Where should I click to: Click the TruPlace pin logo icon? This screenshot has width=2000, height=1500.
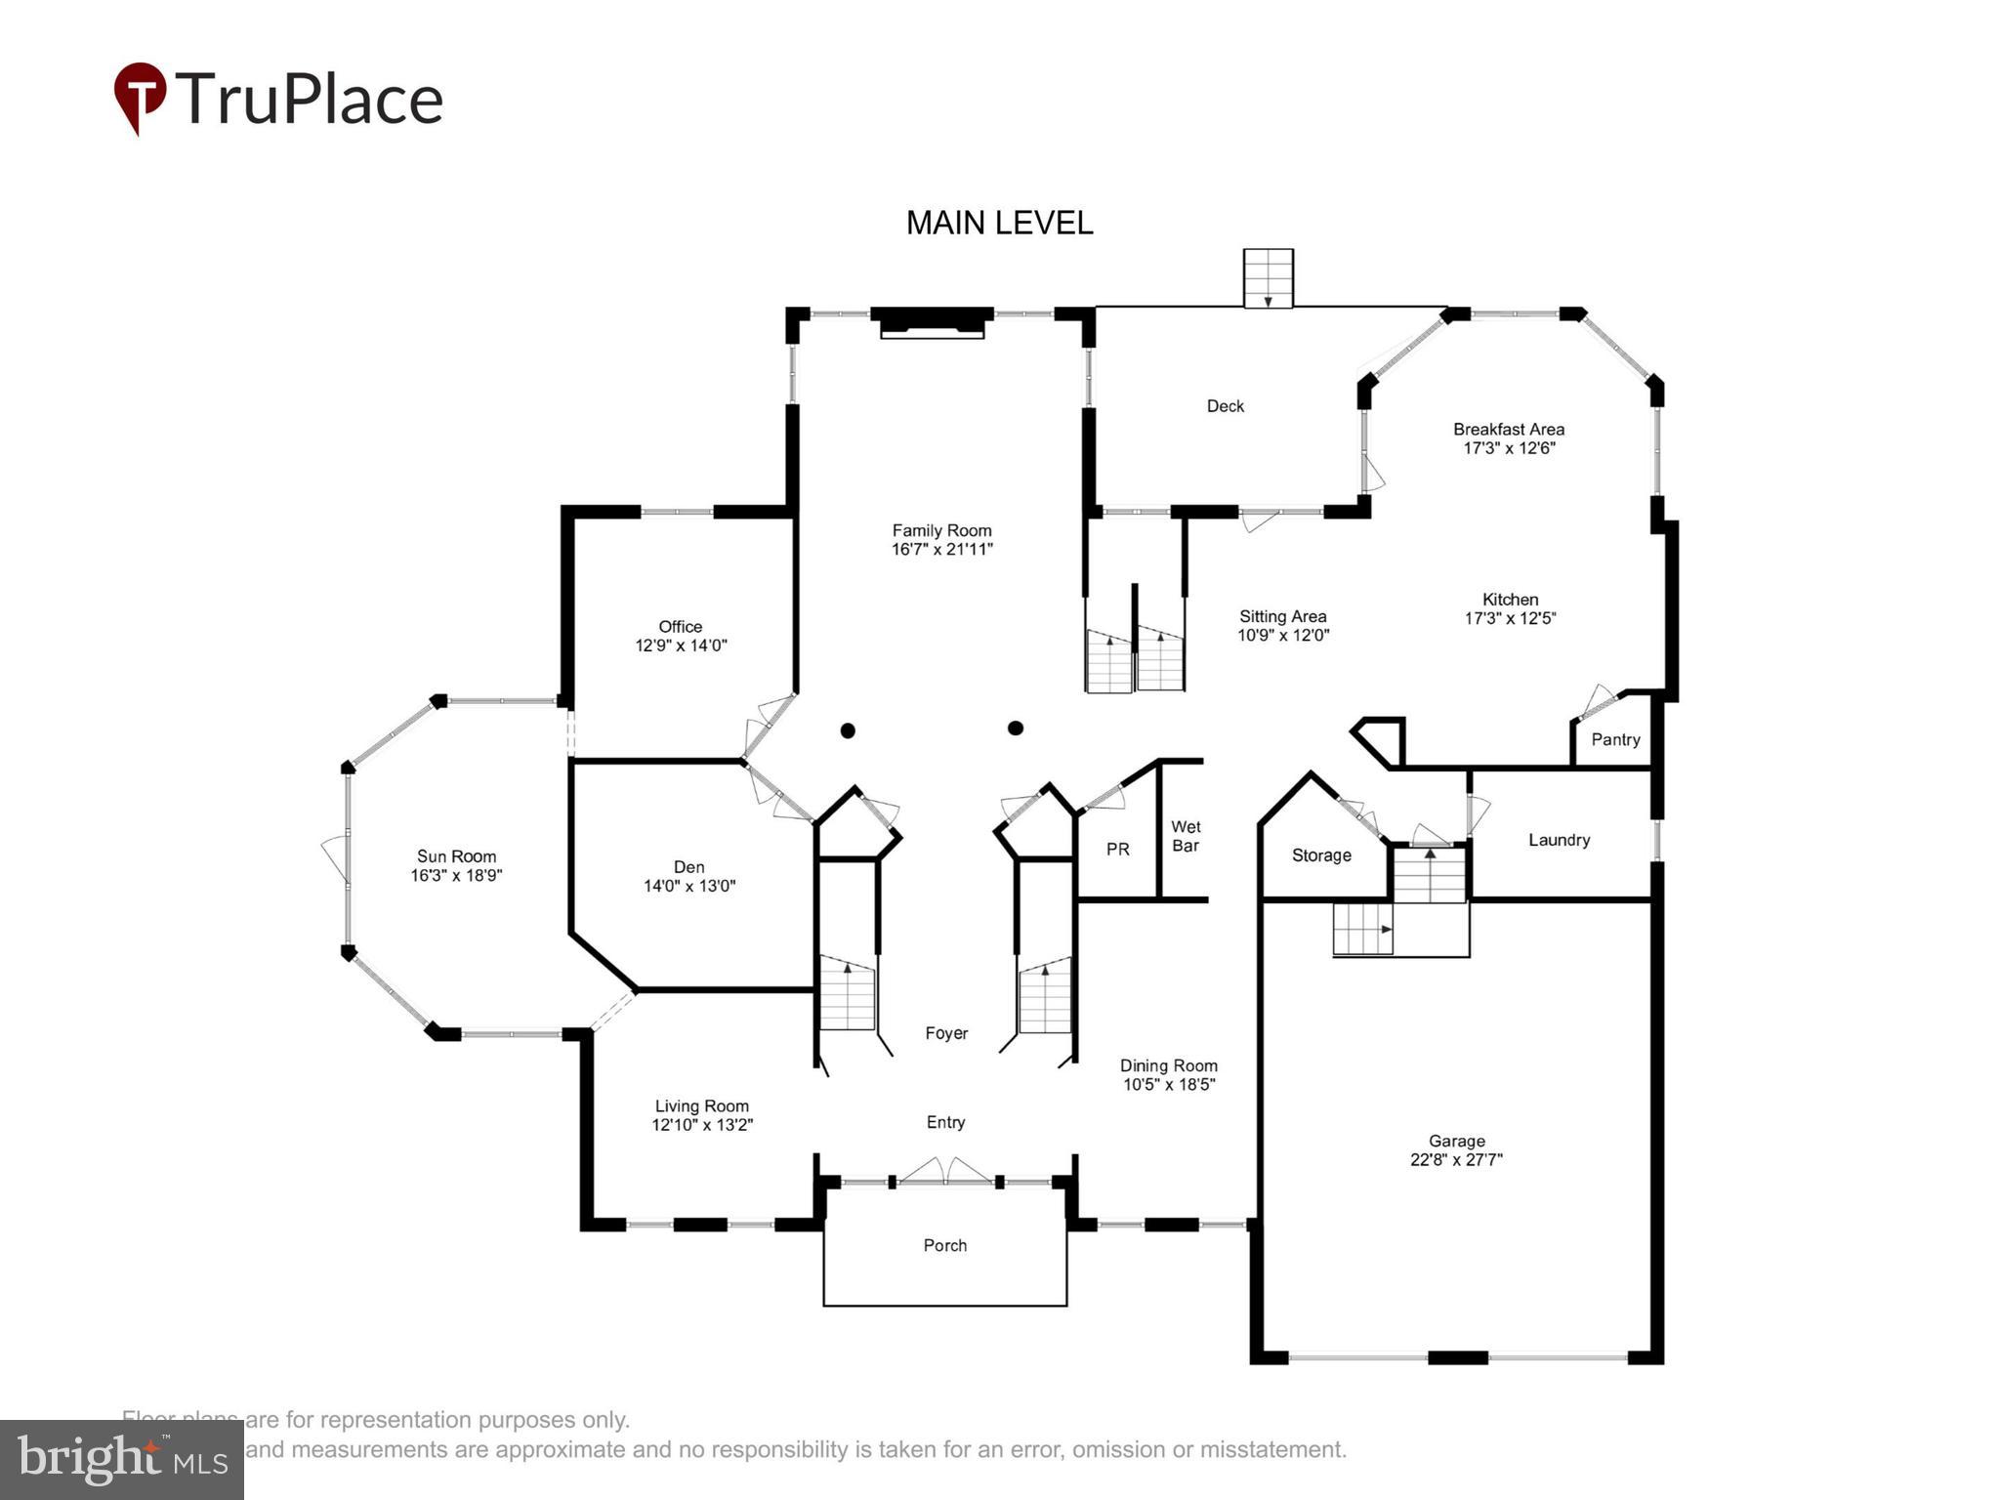click(x=140, y=97)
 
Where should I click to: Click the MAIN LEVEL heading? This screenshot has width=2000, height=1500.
click(x=999, y=223)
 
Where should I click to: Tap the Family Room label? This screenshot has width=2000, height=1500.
click(x=941, y=530)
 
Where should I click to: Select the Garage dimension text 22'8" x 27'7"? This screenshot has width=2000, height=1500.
click(x=1456, y=1160)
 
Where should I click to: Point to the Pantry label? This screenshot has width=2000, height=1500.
click(x=1615, y=739)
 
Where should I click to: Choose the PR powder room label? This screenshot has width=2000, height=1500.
click(x=1118, y=850)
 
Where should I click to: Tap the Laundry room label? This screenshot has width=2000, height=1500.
click(x=1559, y=840)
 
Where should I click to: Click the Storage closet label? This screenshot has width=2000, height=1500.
click(x=1321, y=855)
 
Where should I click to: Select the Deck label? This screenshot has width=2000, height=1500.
click(x=1226, y=406)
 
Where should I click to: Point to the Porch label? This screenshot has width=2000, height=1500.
click(x=944, y=1245)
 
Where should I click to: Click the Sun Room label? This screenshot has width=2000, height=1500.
click(x=456, y=856)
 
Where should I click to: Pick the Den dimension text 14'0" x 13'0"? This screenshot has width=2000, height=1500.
click(x=689, y=886)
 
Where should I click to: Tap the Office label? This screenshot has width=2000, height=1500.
click(x=680, y=627)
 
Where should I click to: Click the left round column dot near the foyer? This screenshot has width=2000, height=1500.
click(x=848, y=730)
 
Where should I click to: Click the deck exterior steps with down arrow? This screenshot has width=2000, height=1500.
click(x=1268, y=278)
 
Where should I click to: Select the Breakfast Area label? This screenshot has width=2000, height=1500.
click(x=1508, y=429)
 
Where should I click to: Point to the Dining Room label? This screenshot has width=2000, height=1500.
click(x=1168, y=1065)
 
